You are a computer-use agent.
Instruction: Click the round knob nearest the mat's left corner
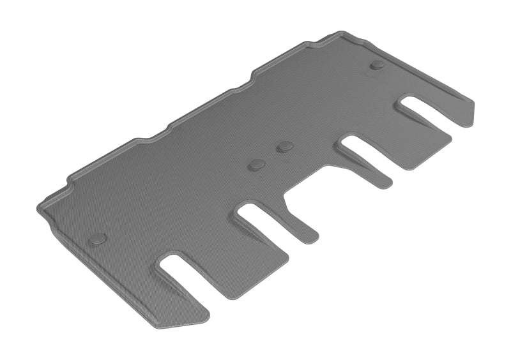[x=98, y=239]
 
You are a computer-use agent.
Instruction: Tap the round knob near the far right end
[x=378, y=65]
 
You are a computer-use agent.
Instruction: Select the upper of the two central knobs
[x=285, y=147]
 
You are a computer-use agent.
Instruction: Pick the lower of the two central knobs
[x=257, y=165]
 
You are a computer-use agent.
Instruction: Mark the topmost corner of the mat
[x=345, y=32]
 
